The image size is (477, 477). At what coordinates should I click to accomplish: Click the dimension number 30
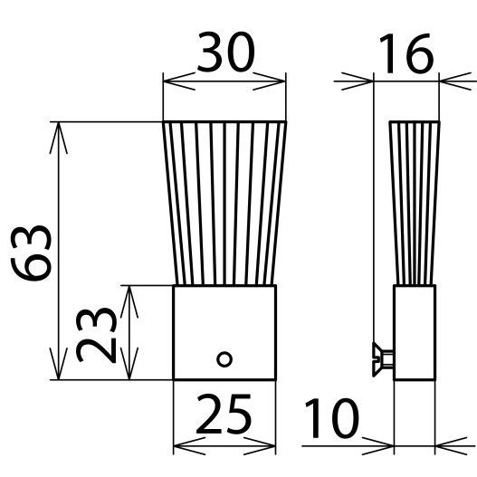click(225, 52)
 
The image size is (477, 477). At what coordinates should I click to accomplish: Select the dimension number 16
click(406, 53)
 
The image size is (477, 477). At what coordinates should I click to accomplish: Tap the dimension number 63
click(31, 253)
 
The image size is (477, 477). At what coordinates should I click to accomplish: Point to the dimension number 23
click(96, 335)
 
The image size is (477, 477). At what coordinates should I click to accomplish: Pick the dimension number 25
click(224, 414)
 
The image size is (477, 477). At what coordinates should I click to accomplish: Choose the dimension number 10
click(331, 418)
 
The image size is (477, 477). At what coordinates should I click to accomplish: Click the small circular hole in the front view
click(224, 359)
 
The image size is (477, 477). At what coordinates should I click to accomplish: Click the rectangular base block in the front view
click(224, 332)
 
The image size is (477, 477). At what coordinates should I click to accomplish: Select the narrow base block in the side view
click(415, 332)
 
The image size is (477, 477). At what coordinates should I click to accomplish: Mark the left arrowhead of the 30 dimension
click(179, 81)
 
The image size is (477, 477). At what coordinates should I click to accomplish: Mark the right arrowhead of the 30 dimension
click(269, 81)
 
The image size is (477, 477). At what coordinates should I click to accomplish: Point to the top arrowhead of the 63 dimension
click(59, 138)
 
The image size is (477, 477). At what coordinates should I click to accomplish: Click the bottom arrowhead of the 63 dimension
click(59, 364)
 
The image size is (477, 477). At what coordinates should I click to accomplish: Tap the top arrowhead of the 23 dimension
click(129, 301)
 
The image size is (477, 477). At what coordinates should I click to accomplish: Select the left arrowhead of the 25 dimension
click(189, 446)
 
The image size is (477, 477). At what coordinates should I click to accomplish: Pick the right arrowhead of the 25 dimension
click(260, 446)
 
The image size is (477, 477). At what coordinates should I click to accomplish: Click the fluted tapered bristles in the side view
click(415, 203)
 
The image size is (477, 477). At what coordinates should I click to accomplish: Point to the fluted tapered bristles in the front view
click(224, 203)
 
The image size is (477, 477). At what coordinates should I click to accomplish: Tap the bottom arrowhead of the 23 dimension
click(129, 364)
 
